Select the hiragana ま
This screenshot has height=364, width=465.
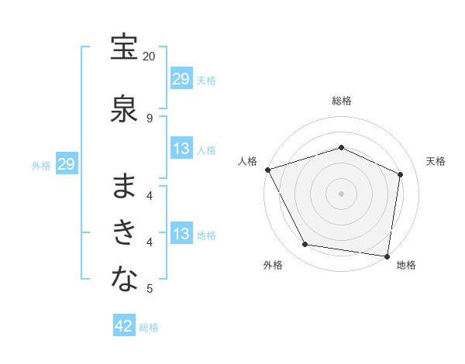coord(124,186)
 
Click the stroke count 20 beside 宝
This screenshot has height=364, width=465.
coord(150,57)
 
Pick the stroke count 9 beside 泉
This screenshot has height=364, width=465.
coord(150,118)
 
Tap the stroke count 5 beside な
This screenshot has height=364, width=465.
coord(150,289)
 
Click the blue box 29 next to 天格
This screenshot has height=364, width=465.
coord(181,78)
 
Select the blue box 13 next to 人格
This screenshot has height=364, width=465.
coord(181,149)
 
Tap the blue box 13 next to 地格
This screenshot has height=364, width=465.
coord(181,234)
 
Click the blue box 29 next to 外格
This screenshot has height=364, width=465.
coord(66,164)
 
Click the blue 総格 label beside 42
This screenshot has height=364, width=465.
coord(149,328)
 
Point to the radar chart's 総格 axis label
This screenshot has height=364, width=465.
coord(341,101)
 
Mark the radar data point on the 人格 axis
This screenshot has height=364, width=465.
coord(267,170)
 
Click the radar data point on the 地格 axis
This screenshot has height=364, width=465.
coord(387,256)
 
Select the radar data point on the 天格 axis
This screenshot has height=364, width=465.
coord(400,174)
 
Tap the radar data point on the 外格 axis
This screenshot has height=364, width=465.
coord(305,245)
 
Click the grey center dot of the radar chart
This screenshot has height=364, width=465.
coord(341,193)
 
